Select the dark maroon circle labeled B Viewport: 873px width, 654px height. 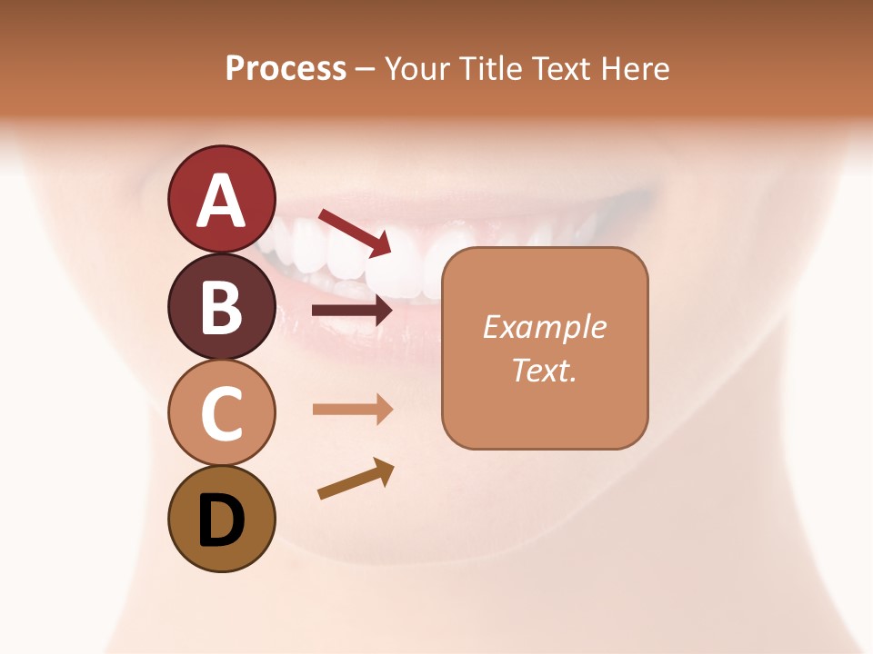(221, 307)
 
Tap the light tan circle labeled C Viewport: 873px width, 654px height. (221, 413)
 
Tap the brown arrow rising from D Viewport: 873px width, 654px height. (356, 479)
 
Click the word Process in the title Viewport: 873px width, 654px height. (286, 69)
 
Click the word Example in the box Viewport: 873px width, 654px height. (544, 327)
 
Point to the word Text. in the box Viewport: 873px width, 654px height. (544, 370)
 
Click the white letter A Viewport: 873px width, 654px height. (221, 201)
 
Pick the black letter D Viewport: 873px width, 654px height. (221, 521)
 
